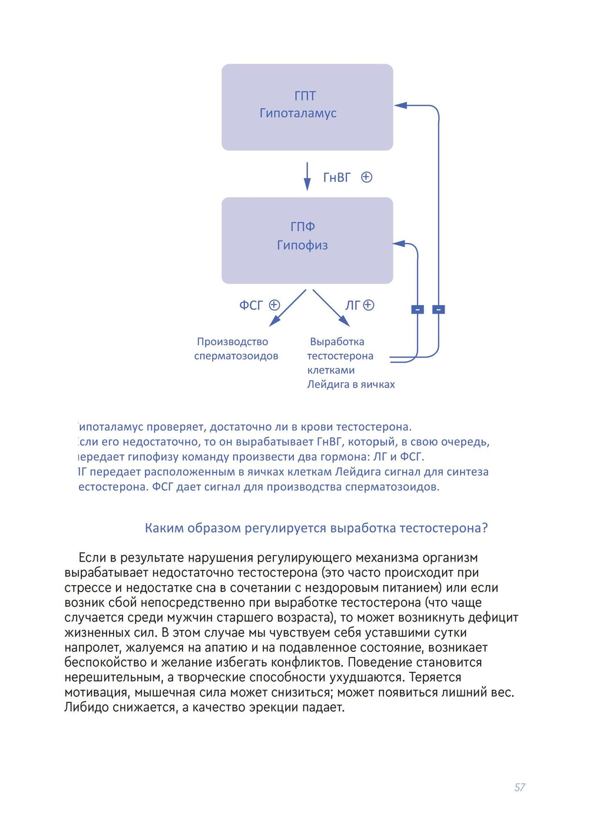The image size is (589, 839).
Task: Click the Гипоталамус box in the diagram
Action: click(307, 107)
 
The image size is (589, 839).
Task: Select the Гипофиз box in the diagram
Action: click(307, 240)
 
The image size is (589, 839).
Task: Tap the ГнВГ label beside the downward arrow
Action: click(337, 177)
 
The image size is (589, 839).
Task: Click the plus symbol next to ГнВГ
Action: click(366, 177)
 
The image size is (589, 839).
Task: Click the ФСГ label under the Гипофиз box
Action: click(251, 305)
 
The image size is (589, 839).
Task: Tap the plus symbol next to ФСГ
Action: click(274, 305)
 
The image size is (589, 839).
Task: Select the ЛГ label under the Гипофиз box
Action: click(352, 305)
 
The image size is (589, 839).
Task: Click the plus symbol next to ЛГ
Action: click(369, 305)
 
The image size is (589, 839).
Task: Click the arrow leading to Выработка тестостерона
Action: click(331, 308)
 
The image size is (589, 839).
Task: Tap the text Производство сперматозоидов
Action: click(236, 349)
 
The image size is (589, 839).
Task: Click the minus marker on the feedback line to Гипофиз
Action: click(418, 309)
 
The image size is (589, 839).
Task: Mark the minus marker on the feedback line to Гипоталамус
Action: click(439, 309)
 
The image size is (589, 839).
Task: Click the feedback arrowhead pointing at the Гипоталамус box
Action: click(401, 105)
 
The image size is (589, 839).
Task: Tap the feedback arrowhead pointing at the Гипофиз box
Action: click(399, 243)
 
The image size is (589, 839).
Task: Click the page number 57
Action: click(519, 787)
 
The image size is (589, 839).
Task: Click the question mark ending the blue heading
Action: click(485, 528)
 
